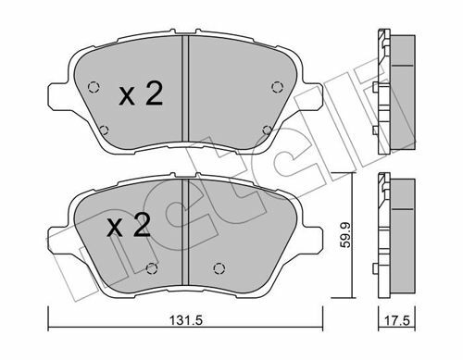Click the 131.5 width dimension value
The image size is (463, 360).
[x=186, y=320]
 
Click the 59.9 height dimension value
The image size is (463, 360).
[x=345, y=235]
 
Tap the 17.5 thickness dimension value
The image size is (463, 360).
[x=397, y=321]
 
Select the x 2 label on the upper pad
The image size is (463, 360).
[x=141, y=94]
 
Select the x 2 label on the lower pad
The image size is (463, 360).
[x=129, y=226]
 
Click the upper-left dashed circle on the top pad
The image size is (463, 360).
[x=94, y=88]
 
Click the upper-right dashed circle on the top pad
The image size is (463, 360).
[x=277, y=87]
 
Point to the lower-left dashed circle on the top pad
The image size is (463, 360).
[x=105, y=130]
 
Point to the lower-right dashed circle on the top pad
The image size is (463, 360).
[x=268, y=130]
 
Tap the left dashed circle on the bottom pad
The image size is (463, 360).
[x=152, y=268]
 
